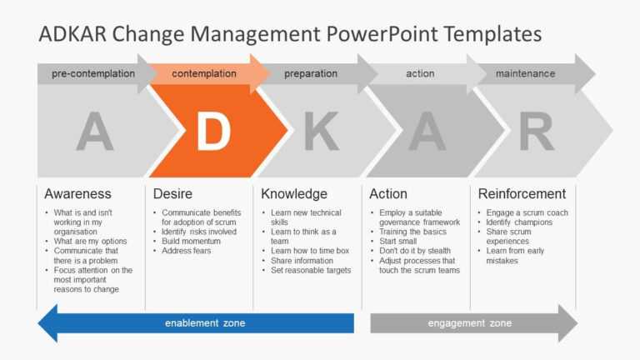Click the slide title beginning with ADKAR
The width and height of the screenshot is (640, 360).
coord(290,33)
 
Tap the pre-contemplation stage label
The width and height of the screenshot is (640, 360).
coord(93,73)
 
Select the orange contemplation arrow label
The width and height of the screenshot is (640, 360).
coord(204,73)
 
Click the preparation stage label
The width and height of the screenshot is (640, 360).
coord(310,73)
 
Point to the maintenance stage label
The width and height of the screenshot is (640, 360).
coord(525,73)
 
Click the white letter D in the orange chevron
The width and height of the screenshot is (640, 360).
coord(213,132)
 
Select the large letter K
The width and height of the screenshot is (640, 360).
coord(321,132)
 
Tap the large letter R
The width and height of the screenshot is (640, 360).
coord(536,132)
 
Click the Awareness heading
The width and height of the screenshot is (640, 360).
coord(77,193)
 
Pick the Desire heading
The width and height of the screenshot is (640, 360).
coord(172,193)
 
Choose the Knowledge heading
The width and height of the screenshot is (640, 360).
coord(294,193)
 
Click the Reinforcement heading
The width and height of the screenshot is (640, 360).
coord(522,193)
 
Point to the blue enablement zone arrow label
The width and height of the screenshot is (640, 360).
coord(205,323)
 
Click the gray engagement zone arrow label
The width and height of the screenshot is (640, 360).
coord(470,323)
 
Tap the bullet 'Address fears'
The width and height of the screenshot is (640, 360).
coord(187,251)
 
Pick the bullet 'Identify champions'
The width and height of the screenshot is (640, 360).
coord(519,222)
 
